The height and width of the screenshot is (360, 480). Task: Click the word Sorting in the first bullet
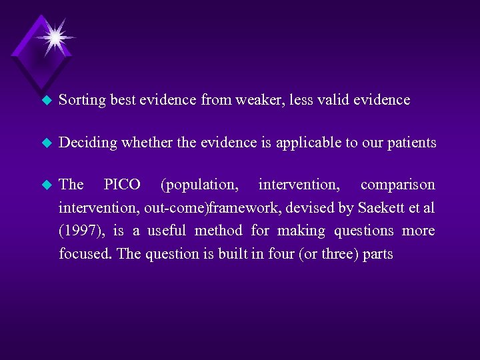82,100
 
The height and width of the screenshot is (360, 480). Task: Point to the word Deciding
85,143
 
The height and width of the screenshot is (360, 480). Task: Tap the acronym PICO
122,184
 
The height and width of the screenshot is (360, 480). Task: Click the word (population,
199,184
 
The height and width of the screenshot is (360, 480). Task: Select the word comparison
397,184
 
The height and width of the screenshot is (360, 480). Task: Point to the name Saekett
381,208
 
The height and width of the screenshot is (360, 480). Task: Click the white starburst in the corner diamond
53,37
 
